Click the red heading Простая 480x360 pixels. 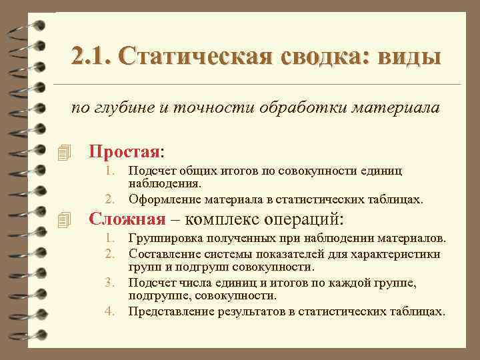point(125,151)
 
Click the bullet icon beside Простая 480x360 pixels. point(64,153)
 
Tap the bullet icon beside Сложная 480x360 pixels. point(64,219)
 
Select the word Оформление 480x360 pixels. point(162,199)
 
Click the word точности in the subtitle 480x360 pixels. point(199,108)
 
